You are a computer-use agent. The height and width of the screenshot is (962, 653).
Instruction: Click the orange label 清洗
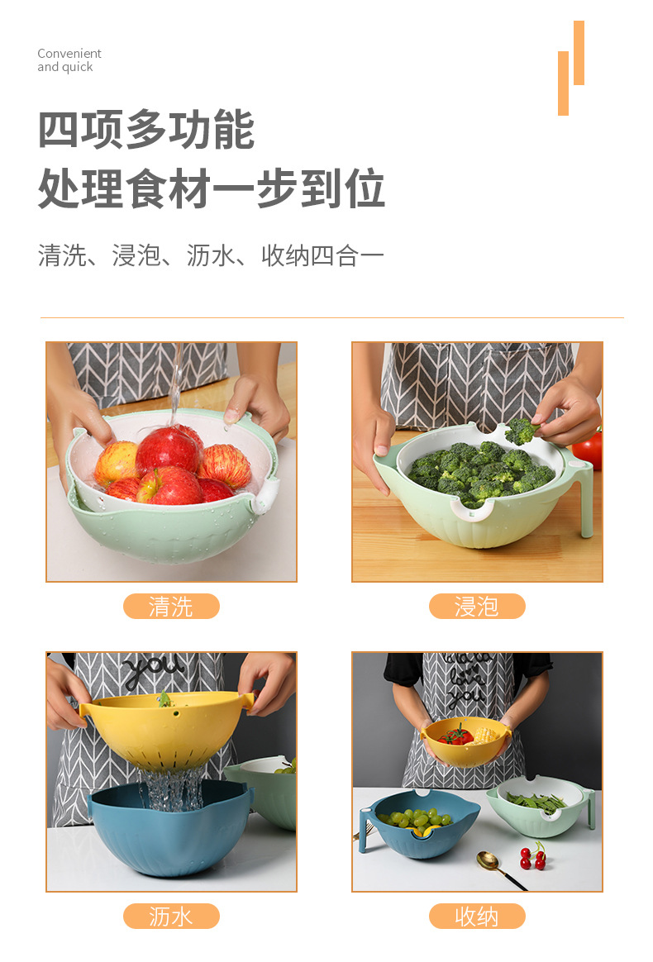coord(171,607)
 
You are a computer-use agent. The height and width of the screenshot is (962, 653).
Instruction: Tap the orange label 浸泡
coord(477,607)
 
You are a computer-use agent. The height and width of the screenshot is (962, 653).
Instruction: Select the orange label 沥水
coord(171,916)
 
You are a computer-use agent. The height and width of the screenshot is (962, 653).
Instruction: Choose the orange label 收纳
coord(477,916)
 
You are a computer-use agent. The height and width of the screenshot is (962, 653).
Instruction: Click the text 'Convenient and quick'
coord(69,60)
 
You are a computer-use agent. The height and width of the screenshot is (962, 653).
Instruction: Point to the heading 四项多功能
coord(146,130)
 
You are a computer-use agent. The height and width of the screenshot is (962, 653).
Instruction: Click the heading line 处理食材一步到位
coord(212,188)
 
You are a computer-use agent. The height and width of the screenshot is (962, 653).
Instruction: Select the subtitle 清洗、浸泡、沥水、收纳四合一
coord(212,255)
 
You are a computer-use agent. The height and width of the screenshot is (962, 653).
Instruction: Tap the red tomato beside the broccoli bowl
coord(589,450)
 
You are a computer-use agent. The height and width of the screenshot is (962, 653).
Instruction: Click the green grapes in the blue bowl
coord(417,819)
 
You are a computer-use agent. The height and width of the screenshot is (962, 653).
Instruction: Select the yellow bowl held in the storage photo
coord(465,741)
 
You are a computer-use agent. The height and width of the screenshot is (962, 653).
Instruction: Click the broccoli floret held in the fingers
coord(521,430)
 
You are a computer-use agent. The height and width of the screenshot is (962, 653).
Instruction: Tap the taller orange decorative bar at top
coord(579,53)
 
